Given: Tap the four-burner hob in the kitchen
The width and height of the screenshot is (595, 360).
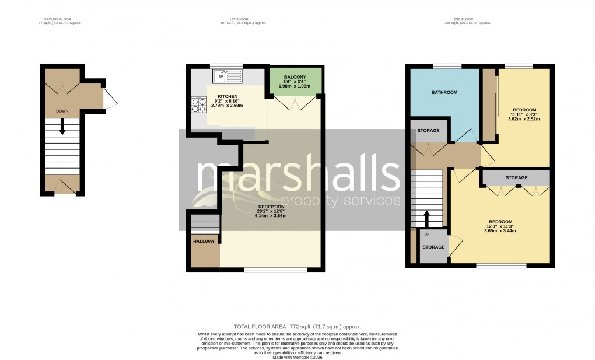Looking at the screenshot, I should (x=198, y=104).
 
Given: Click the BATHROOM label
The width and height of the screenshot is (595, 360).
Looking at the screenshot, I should (x=444, y=93).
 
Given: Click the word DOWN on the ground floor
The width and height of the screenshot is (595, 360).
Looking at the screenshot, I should (x=62, y=110).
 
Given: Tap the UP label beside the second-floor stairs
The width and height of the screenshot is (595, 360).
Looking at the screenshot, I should (x=426, y=234).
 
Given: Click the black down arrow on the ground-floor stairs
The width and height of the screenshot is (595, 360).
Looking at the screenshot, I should (x=62, y=129).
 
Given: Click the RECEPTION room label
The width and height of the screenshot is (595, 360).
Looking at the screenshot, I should (x=271, y=207).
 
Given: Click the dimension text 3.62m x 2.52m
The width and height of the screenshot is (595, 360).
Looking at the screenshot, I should (x=524, y=119).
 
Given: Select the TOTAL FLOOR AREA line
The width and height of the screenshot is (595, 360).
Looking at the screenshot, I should (x=297, y=327).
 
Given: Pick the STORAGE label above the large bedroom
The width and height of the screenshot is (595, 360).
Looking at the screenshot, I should (x=516, y=177).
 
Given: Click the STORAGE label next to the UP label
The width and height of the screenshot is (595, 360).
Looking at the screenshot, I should (x=433, y=247).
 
